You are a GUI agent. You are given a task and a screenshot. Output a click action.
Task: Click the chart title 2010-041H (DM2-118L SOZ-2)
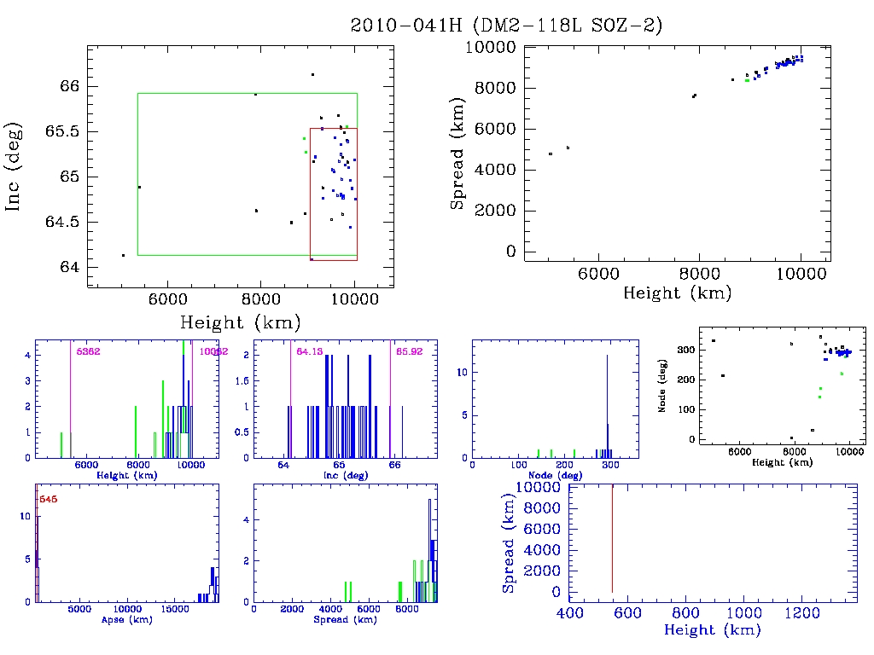point(506,26)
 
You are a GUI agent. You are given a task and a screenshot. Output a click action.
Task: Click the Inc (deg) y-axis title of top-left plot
point(15,176)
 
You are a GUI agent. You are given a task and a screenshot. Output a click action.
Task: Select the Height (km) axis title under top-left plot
point(240,322)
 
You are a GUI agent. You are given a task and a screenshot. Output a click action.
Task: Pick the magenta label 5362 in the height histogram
point(88,351)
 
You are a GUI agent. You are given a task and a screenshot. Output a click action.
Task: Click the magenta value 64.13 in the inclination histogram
point(309,351)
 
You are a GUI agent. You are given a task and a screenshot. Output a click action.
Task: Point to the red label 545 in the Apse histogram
point(49,499)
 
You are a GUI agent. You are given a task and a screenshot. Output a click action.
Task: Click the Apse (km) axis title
point(126,619)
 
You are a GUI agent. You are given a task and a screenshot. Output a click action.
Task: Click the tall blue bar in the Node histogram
point(607,401)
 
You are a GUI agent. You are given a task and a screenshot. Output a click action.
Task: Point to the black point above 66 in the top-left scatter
point(312,74)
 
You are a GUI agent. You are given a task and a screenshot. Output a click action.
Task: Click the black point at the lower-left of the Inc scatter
point(123,255)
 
